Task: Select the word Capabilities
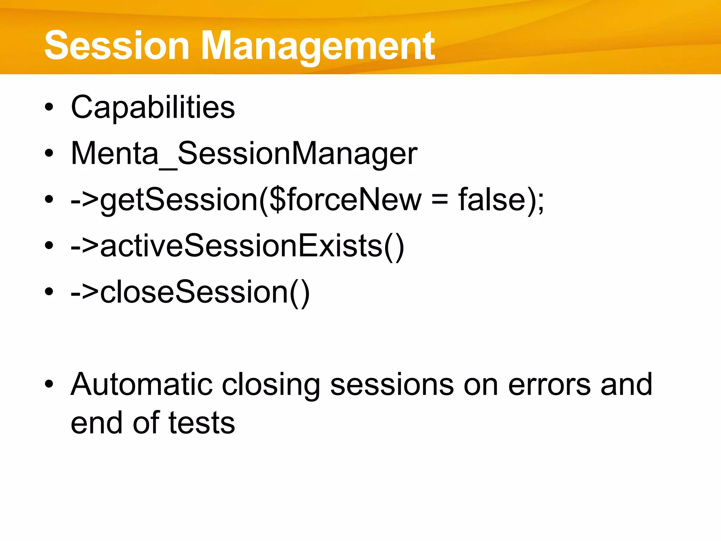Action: (x=152, y=107)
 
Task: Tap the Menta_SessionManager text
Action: (x=244, y=154)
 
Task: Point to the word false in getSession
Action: (x=492, y=200)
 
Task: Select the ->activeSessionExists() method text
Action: (x=237, y=246)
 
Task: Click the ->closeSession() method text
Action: (x=190, y=292)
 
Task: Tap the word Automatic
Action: (x=142, y=384)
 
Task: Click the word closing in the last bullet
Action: (x=271, y=384)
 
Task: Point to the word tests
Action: (x=201, y=423)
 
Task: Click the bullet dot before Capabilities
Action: (x=49, y=107)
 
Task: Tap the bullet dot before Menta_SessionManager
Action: (x=49, y=154)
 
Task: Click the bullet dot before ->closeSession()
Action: (x=49, y=292)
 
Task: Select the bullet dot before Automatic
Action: (x=49, y=384)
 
